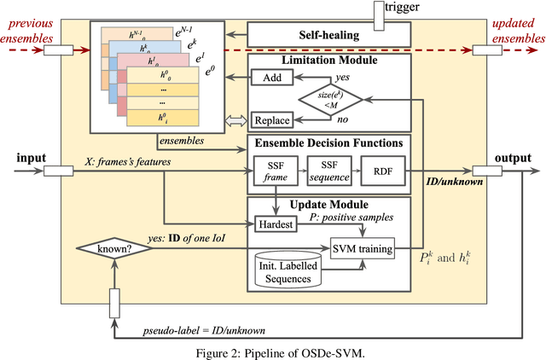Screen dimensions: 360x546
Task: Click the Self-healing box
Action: (x=328, y=35)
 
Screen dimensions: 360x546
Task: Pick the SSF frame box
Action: (x=273, y=171)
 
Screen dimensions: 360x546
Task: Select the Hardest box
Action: (x=274, y=224)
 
